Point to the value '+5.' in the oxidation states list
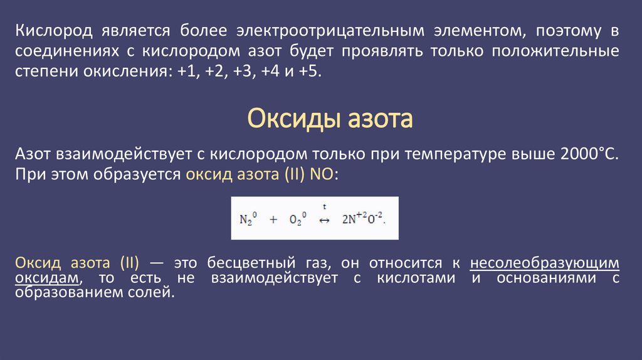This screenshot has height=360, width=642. tap(309, 71)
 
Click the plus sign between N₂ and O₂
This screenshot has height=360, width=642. tap(273, 220)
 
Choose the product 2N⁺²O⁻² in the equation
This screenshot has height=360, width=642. tap(362, 220)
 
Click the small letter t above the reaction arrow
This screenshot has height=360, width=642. tap(325, 206)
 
